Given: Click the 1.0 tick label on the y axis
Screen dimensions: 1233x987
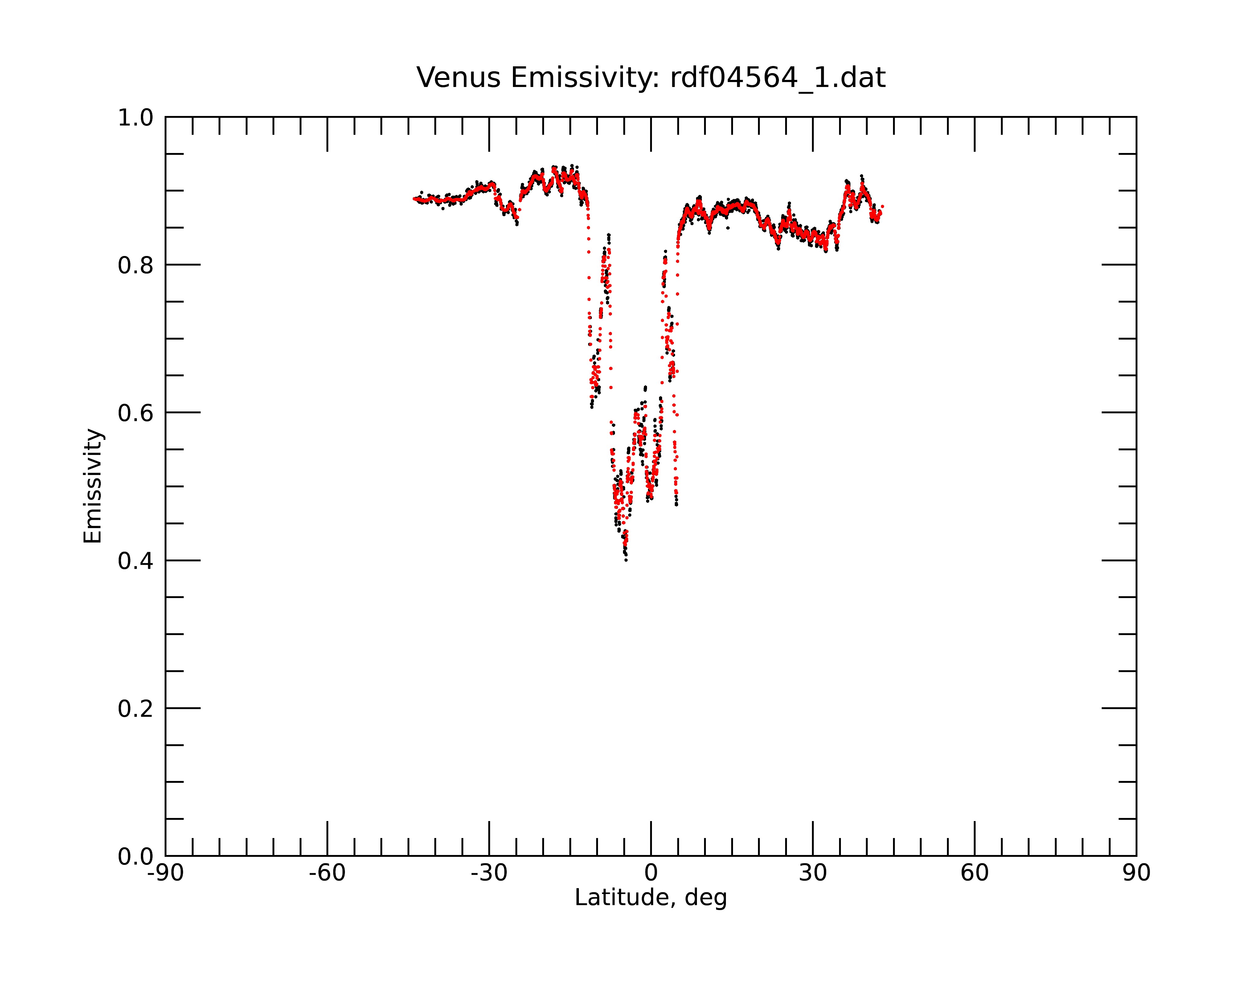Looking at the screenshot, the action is (x=136, y=118).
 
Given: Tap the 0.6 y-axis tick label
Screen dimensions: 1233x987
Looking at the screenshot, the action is (x=136, y=413).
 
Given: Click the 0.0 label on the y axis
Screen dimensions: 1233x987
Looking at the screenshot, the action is (x=136, y=857).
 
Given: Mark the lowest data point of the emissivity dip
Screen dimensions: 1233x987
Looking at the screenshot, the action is (x=626, y=560).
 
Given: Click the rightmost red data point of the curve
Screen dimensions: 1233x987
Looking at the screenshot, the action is (x=883, y=206).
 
